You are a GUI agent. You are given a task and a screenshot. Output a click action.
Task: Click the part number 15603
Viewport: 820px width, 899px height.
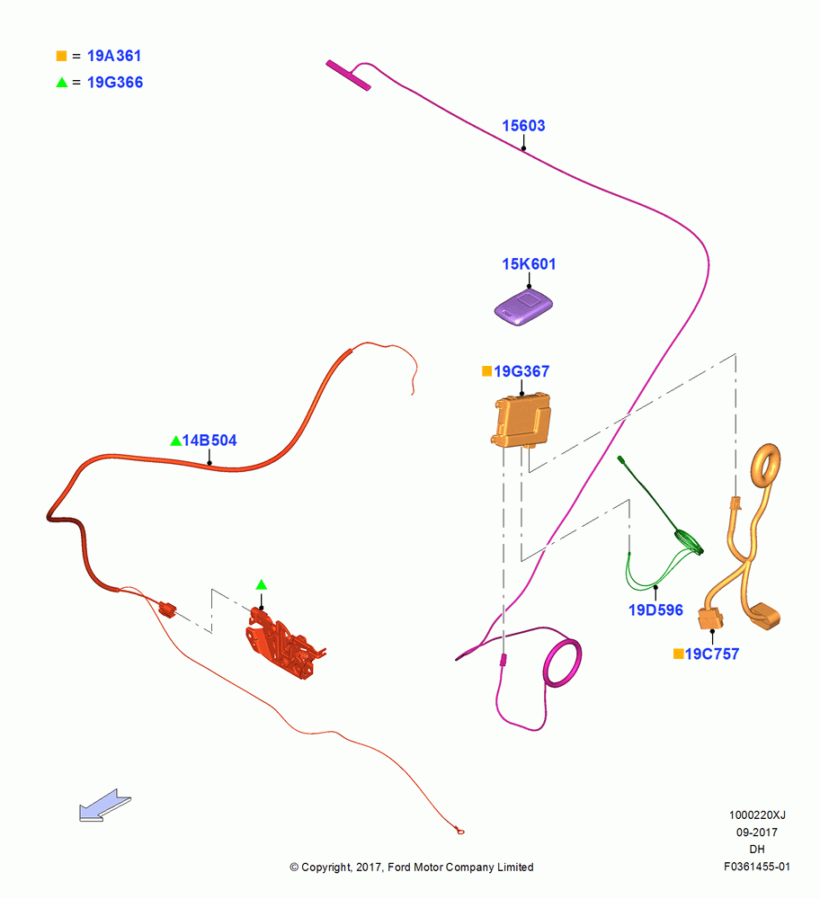(523, 126)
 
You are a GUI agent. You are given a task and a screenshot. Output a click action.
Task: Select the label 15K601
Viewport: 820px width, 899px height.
(529, 263)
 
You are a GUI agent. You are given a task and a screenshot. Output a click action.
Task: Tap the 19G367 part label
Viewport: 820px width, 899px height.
(521, 371)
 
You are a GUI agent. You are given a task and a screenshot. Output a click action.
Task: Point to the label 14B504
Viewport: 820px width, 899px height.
(209, 441)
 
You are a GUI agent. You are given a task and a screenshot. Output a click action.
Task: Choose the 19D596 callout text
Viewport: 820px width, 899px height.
(655, 610)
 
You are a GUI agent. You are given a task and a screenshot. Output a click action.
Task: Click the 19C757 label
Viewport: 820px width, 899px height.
(711, 654)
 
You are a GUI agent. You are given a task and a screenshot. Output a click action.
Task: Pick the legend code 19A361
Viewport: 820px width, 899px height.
(114, 56)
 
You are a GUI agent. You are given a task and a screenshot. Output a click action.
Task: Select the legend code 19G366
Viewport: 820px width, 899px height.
(115, 83)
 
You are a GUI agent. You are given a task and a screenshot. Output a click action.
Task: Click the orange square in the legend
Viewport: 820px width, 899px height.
(61, 56)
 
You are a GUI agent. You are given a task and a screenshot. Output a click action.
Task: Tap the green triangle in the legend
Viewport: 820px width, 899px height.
(62, 83)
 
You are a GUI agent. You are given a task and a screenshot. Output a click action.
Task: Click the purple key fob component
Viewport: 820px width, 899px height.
(523, 307)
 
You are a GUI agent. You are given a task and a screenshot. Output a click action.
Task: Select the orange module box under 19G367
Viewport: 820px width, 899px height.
(521, 420)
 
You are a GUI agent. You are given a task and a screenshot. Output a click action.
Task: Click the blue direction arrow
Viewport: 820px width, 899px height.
(105, 806)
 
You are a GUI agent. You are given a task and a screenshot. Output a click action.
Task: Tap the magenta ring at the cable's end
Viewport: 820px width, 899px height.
(563, 663)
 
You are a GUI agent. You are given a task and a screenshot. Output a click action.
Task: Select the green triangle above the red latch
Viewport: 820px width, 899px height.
(262, 585)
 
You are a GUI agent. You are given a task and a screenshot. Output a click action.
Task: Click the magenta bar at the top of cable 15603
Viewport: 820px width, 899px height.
(348, 76)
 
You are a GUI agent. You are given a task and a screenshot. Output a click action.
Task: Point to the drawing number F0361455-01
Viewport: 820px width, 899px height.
(757, 867)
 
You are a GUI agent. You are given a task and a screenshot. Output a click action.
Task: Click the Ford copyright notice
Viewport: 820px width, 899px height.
(412, 868)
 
